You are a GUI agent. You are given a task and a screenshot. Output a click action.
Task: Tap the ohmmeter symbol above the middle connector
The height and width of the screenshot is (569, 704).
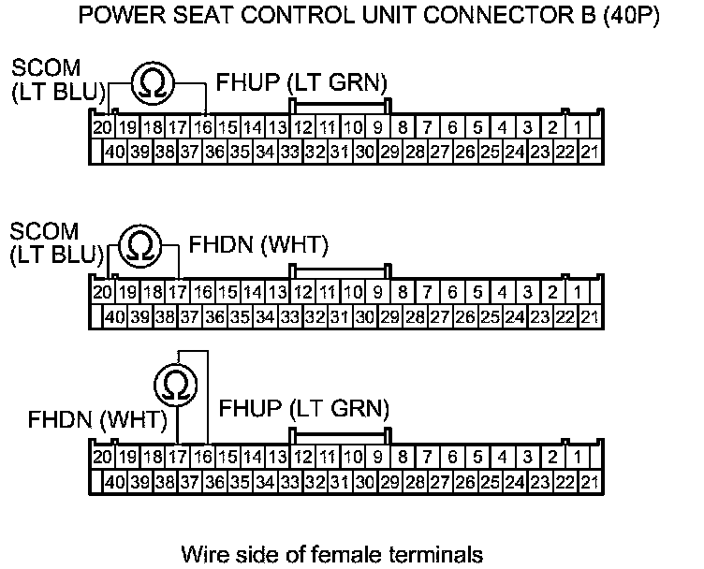coord(140,245)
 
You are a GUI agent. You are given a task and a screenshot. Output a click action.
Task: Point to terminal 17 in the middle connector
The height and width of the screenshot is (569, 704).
coord(177,291)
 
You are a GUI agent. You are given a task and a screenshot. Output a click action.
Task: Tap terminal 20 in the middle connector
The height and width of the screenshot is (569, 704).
coord(102,291)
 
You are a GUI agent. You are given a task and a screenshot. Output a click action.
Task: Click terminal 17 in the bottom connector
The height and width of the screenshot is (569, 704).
coord(177,457)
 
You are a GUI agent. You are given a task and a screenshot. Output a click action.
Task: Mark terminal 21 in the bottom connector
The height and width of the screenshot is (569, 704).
coord(589,482)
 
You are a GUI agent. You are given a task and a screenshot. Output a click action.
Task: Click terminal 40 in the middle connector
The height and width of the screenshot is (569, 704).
coord(115,316)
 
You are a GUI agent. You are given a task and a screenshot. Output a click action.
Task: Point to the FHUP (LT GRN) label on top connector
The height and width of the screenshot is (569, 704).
coord(301,82)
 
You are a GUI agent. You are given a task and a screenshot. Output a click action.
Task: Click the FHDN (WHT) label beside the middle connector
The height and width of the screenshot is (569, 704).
coord(259,245)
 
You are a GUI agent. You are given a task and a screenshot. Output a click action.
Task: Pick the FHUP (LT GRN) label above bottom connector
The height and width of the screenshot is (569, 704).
coord(303,408)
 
